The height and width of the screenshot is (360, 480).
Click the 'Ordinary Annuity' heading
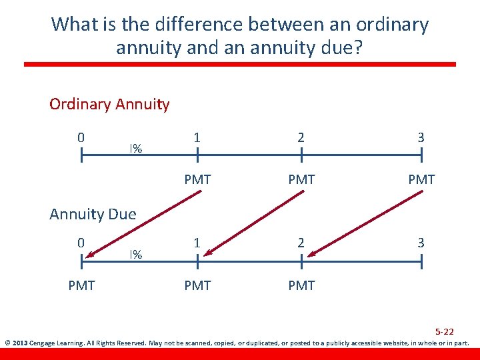point(109,105)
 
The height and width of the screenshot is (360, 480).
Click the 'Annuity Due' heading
point(93,214)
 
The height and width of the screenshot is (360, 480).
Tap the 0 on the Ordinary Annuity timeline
point(81,137)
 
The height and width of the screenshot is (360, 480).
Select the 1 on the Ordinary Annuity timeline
point(197,137)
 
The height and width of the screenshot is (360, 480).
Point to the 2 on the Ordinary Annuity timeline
point(301,137)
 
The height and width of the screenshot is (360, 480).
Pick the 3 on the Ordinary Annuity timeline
point(421,137)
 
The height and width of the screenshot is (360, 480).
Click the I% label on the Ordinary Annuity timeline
point(135,148)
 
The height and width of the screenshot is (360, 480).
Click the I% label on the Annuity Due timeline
point(135,254)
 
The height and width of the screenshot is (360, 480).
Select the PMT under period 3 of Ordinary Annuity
point(421,179)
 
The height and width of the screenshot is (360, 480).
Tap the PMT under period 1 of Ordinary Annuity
point(197,179)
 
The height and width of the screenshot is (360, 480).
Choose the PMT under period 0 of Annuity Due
point(81,285)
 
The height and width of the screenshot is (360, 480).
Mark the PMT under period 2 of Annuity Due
point(301,285)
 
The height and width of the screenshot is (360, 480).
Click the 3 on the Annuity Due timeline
point(421,243)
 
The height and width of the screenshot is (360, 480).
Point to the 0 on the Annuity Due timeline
point(81,243)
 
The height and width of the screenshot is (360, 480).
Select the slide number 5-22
point(445,331)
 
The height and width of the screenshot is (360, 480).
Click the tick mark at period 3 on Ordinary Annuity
point(421,155)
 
